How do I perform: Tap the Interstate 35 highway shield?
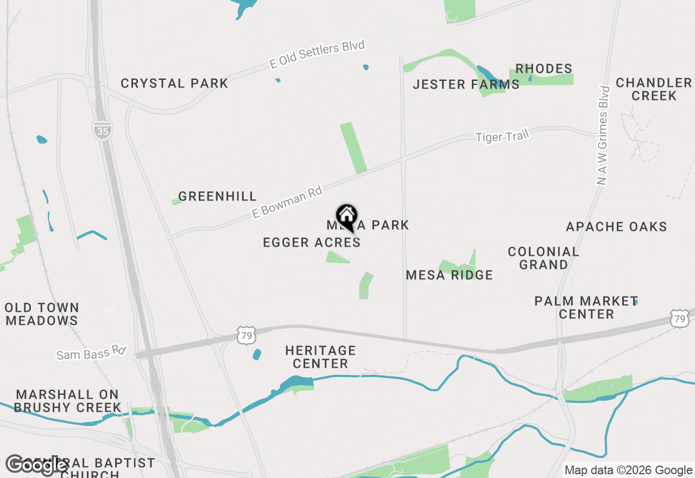point(102,130)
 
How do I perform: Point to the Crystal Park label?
point(174,84)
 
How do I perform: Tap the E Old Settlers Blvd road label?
point(317,54)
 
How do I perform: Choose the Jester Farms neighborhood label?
point(466,85)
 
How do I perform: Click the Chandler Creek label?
point(654,89)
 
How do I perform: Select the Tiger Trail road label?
point(502,136)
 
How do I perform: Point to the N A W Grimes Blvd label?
point(603,135)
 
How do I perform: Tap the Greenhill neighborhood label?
point(217,197)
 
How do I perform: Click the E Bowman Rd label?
point(287,202)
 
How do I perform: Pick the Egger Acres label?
point(312,243)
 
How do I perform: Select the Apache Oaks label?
point(616,227)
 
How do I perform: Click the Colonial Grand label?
point(544,258)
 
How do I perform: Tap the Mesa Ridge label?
point(450,275)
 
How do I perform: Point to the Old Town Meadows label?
point(42,314)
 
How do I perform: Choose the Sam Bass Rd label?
point(91,354)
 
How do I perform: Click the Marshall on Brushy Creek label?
point(67,401)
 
